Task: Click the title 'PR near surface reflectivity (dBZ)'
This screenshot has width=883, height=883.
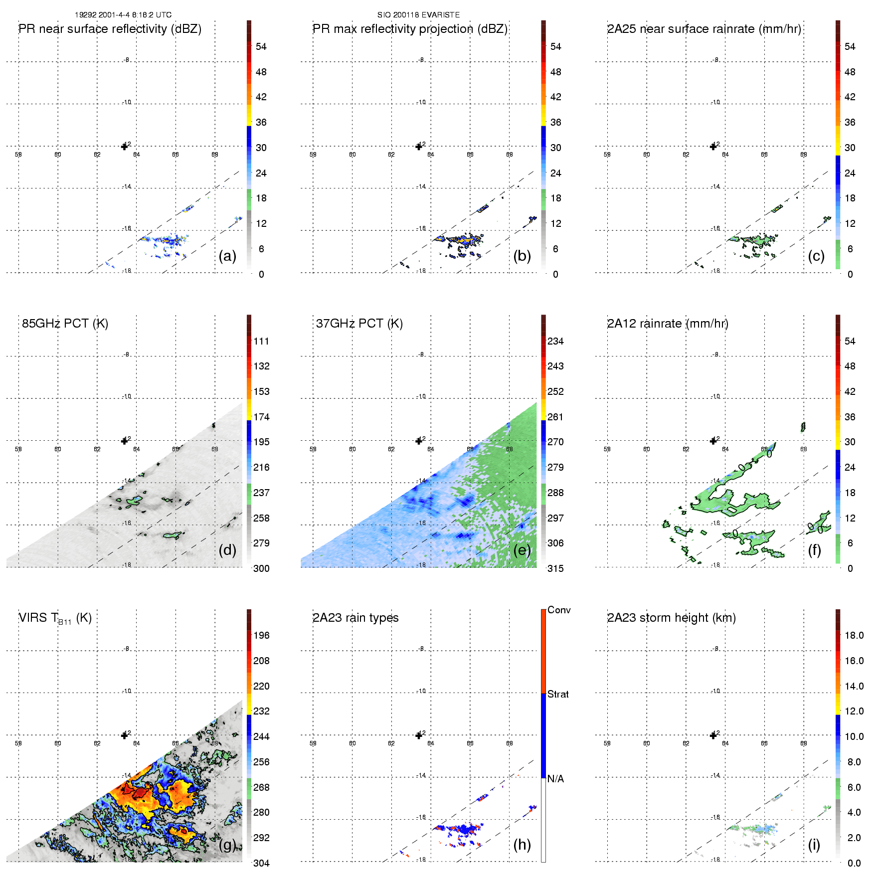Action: (110, 29)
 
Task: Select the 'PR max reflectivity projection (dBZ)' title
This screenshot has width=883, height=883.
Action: (410, 29)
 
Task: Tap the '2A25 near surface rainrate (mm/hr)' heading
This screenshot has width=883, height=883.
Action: (704, 29)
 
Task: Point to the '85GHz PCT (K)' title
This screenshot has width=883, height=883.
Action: (65, 324)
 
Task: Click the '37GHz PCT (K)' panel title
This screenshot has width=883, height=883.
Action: (359, 324)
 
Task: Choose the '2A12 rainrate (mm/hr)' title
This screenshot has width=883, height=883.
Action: (668, 324)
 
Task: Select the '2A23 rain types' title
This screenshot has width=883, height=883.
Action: (355, 618)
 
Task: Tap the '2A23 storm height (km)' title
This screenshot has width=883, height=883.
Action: (671, 618)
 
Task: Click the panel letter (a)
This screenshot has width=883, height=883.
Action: (227, 256)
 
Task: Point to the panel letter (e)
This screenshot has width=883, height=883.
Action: (522, 550)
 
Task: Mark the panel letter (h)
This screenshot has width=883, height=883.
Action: (522, 845)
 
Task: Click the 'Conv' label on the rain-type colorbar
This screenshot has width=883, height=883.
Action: (559, 610)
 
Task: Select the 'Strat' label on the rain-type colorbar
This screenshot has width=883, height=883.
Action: (558, 694)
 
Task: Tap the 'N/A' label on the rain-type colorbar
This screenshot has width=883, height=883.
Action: (555, 779)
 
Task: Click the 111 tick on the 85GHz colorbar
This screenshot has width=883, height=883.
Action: (261, 341)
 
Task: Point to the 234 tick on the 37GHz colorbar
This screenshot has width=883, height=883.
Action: (555, 341)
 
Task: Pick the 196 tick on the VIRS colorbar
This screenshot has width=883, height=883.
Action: (261, 635)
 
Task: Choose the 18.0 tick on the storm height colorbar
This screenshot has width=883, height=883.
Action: (854, 635)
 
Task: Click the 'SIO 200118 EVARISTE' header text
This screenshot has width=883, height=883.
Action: (418, 15)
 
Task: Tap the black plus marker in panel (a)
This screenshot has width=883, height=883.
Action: (125, 147)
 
